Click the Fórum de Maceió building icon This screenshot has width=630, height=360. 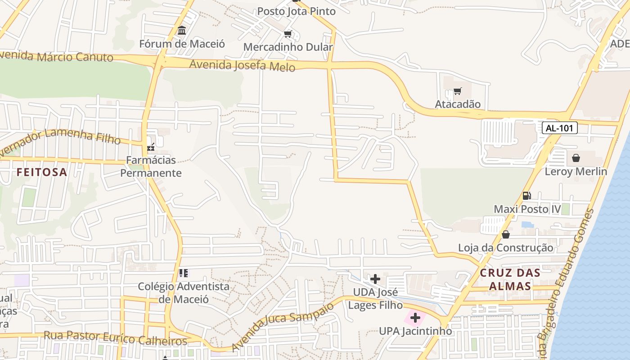182,31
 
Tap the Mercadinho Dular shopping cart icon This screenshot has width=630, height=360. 288,34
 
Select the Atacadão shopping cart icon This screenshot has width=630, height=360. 458,91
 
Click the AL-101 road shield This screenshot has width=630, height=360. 559,128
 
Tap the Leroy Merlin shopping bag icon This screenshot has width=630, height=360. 576,158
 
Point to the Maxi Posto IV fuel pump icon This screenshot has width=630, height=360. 526,195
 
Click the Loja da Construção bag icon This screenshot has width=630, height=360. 506,234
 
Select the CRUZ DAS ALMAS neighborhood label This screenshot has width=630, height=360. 510,279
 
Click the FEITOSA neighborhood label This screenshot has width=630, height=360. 42,172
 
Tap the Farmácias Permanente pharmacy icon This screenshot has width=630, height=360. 151,146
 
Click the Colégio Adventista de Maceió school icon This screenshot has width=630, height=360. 183,273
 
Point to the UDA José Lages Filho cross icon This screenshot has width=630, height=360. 375,279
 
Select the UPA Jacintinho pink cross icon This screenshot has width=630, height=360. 415,318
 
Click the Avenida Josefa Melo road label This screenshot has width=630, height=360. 242,66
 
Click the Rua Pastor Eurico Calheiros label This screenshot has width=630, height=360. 115,338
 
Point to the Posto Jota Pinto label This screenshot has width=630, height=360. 296,11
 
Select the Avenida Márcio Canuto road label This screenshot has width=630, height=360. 56,57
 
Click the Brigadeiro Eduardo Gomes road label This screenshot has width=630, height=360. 567,279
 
